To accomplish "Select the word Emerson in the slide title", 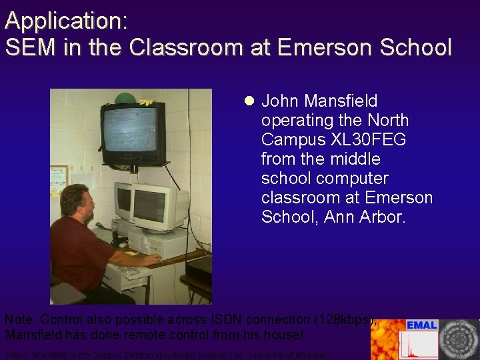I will [317, 47].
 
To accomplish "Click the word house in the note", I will [273, 334].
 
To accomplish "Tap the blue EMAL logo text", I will [421, 325].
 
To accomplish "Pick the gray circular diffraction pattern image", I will [459, 339].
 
